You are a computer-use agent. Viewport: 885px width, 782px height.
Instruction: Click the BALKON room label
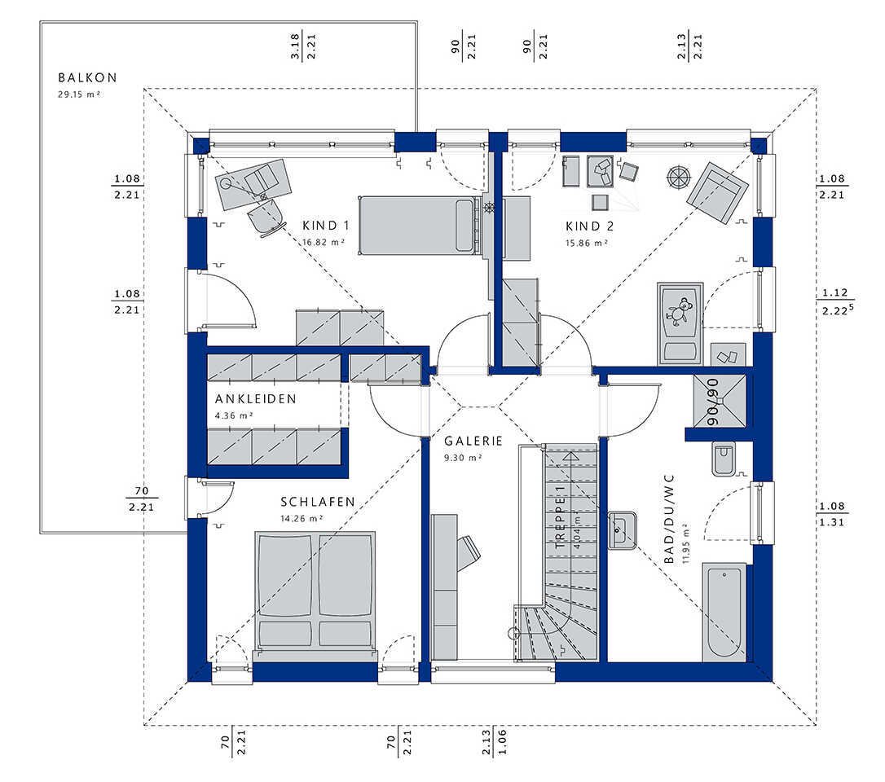87,77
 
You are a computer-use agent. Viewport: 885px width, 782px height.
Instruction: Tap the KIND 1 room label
326,226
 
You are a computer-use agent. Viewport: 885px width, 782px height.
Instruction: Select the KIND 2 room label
589,226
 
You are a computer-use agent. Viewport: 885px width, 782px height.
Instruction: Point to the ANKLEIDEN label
256,399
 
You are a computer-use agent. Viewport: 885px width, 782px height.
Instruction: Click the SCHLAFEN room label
318,502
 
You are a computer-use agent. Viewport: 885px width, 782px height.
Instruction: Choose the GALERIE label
473,442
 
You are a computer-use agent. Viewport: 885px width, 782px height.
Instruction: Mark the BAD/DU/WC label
669,519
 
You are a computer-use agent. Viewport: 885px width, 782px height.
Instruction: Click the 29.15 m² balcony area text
79,94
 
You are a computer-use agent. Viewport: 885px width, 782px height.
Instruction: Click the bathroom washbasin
622,530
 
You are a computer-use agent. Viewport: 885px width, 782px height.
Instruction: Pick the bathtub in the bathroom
724,612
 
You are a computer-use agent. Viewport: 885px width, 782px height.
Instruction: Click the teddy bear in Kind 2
680,311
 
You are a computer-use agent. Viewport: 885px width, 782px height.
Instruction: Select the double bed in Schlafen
315,593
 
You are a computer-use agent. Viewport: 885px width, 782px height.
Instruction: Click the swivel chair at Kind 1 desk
266,216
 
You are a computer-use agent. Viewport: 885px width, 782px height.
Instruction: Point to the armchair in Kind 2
717,192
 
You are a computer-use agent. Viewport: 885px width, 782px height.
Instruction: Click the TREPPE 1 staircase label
560,516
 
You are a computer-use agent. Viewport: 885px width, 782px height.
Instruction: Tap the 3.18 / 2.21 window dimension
303,46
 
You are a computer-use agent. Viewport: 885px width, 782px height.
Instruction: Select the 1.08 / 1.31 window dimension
832,514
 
